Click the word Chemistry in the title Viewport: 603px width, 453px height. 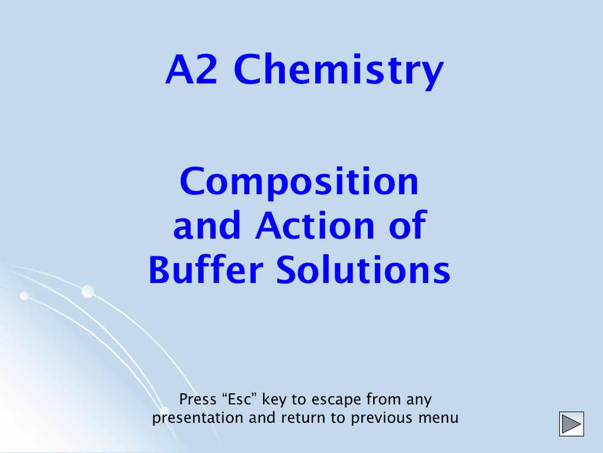[338, 70]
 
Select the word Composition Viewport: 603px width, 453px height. [299, 181]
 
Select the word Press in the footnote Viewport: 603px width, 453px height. [198, 399]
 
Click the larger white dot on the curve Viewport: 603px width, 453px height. [88, 291]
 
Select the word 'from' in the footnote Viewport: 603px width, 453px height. [382, 399]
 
